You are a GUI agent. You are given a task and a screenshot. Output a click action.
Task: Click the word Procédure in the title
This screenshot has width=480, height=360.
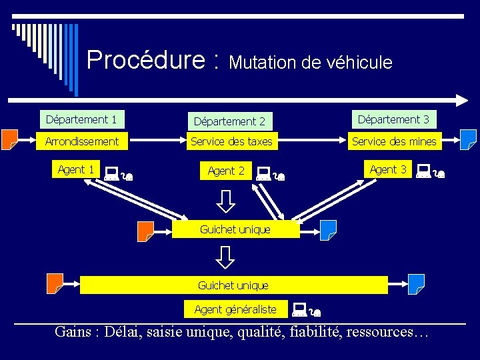tap(145, 60)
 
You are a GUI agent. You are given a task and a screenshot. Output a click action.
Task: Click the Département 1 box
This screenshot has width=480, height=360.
tap(81, 120)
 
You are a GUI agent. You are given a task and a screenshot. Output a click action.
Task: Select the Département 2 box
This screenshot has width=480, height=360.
tap(229, 121)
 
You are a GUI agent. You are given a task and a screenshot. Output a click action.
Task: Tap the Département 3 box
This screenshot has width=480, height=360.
tap(393, 120)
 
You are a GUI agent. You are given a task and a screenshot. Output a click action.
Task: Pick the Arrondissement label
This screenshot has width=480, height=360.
tap(81, 141)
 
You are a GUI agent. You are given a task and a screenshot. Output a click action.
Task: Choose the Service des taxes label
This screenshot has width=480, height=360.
tap(231, 141)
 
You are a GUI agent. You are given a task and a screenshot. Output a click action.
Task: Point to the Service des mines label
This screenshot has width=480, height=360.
tap(394, 141)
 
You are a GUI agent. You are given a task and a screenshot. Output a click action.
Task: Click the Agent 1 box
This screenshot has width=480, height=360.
tap(75, 169)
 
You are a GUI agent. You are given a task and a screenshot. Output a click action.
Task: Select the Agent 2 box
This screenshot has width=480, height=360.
tap(226, 171)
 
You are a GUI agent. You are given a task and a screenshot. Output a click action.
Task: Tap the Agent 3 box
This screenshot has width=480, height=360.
tap(388, 169)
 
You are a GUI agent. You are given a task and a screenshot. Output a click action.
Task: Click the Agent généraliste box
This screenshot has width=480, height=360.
tap(235, 309)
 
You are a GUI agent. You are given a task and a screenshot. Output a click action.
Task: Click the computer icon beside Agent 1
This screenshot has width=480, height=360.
tap(111, 175)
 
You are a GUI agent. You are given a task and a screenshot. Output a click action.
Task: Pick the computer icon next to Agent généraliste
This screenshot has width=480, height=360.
tap(299, 309)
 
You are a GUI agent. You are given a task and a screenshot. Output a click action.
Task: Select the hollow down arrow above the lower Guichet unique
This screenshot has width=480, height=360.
tap(226, 257)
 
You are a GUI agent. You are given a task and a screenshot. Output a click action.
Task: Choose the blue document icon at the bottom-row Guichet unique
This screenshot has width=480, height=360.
tap(416, 284)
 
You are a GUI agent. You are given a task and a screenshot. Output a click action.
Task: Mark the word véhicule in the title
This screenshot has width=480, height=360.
tap(359, 63)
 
